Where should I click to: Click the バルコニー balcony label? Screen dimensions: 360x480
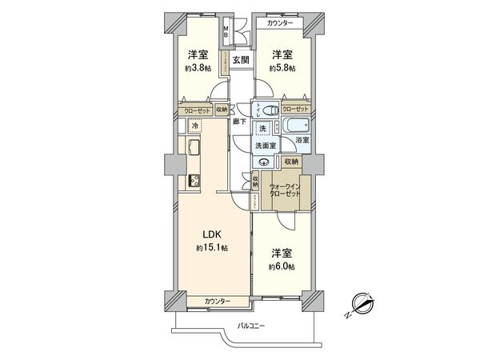(255, 326)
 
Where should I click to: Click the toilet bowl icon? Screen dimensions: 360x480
(270, 110)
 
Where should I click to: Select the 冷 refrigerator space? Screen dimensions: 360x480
(194, 126)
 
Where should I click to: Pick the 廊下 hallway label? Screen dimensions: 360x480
(239, 122)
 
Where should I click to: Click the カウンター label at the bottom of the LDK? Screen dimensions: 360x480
(217, 301)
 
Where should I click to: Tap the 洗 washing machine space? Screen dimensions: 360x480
(262, 129)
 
